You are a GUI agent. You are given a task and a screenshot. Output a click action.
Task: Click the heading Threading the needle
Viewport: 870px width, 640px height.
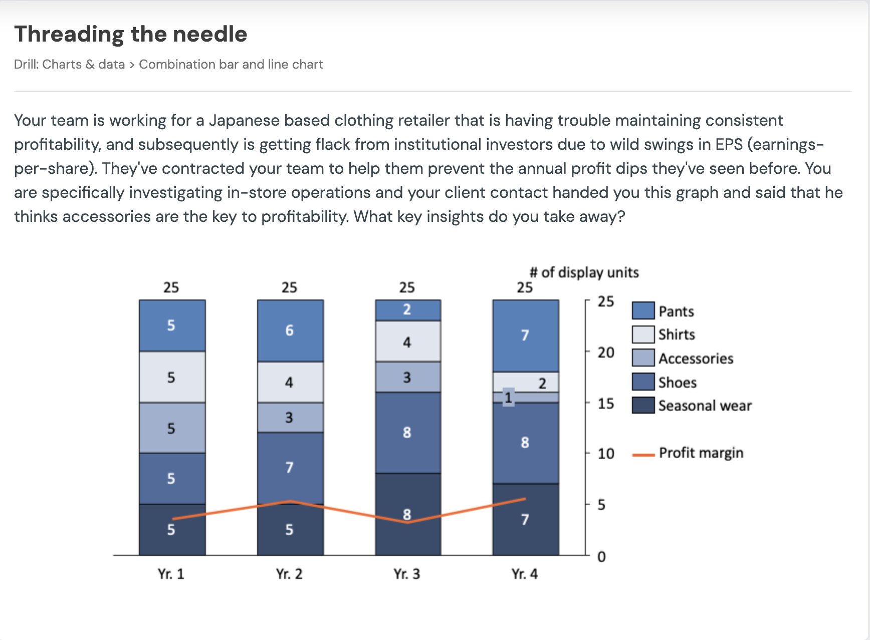[130, 34]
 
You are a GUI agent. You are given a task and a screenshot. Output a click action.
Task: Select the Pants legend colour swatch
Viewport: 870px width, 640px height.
[643, 310]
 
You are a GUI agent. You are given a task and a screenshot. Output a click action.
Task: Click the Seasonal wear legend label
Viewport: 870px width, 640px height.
[705, 406]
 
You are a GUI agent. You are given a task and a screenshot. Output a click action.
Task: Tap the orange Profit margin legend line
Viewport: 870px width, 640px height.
[643, 455]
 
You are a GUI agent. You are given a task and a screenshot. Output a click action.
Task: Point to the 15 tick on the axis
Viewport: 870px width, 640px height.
[605, 403]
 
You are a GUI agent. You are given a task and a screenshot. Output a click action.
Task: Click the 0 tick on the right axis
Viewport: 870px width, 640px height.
[601, 556]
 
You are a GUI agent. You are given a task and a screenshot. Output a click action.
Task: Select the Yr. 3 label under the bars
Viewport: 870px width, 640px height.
[406, 574]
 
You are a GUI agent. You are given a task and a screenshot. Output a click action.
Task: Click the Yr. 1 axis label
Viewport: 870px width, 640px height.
[171, 574]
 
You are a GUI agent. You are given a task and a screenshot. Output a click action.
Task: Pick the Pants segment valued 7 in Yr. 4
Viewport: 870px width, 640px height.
[525, 335]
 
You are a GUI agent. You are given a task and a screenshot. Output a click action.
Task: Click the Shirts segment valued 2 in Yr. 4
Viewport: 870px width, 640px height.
[531, 383]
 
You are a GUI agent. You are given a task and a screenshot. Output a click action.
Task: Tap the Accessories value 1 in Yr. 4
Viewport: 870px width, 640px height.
[508, 398]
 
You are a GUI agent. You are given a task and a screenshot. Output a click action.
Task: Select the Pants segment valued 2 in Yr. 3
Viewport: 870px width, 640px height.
[407, 310]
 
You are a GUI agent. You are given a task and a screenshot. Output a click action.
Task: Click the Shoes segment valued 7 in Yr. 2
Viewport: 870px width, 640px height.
[290, 467]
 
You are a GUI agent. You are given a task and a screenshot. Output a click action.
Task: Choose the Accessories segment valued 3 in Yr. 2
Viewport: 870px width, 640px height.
[290, 417]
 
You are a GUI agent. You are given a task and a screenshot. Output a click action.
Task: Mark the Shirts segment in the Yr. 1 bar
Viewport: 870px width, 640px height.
[171, 377]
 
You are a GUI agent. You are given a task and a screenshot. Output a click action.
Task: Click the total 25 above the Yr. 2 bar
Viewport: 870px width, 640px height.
[289, 287]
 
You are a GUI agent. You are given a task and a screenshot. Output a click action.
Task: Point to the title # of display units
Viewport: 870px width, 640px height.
[584, 272]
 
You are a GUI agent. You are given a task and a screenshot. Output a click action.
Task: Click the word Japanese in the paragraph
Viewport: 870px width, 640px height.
[244, 121]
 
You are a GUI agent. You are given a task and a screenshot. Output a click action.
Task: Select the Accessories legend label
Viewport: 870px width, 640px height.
[696, 359]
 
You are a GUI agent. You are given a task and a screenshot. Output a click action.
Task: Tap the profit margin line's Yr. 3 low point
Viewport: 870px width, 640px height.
[407, 522]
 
